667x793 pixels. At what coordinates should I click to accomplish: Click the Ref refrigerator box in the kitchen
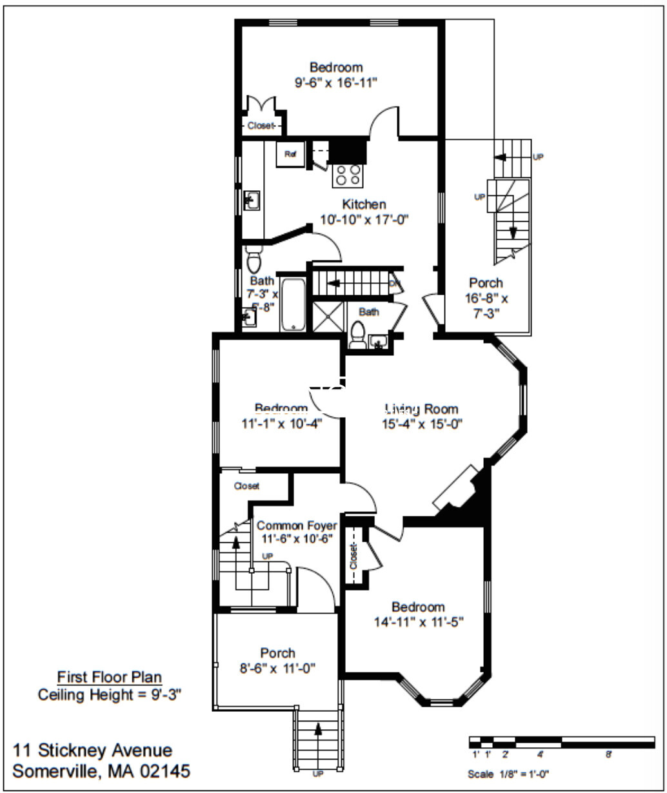click(290, 155)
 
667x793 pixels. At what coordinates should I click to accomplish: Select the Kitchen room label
click(364, 204)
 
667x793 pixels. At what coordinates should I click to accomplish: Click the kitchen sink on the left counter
click(252, 200)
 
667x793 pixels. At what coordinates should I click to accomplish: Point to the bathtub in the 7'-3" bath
click(294, 304)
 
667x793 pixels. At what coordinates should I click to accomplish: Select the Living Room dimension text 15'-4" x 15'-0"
click(423, 424)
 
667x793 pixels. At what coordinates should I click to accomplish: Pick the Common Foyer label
click(296, 525)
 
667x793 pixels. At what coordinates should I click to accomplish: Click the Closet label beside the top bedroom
click(261, 126)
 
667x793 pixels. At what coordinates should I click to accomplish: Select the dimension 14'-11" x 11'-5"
click(419, 622)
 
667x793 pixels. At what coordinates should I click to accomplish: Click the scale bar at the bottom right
click(561, 741)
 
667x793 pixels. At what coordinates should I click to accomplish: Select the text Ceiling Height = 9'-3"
click(110, 695)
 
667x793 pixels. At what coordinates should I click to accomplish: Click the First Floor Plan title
click(110, 678)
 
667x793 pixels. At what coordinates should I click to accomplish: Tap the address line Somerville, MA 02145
click(101, 771)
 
